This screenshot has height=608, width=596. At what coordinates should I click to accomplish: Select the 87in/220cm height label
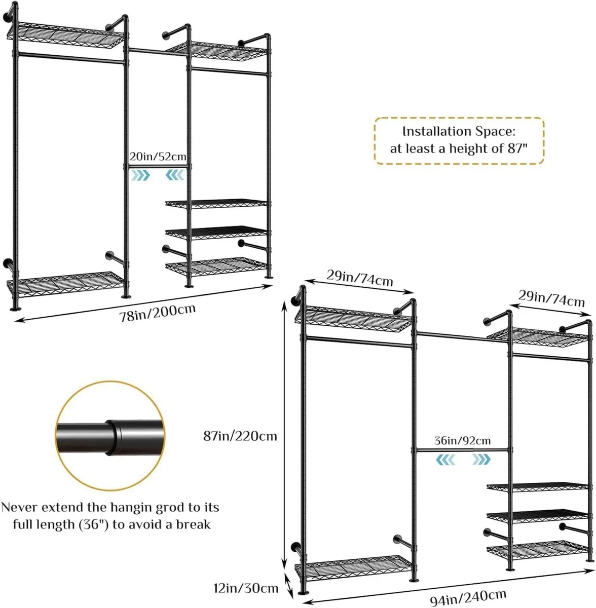(x=240, y=436)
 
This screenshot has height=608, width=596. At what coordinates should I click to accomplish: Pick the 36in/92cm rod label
(x=462, y=441)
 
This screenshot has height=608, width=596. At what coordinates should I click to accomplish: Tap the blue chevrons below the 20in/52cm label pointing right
(x=140, y=175)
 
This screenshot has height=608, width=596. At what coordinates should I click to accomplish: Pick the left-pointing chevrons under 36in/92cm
(x=445, y=459)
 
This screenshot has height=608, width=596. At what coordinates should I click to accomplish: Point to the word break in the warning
(x=193, y=524)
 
